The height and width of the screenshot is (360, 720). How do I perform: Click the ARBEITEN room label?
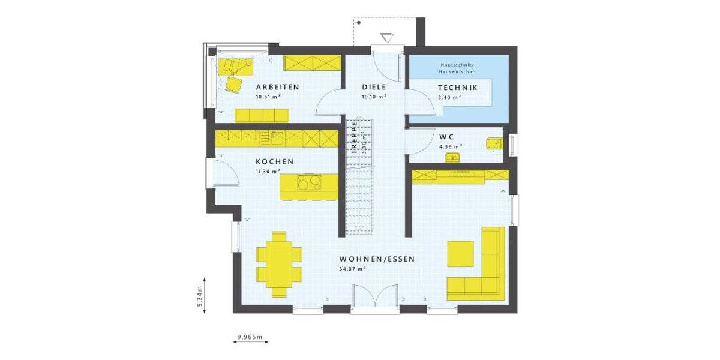(277, 87)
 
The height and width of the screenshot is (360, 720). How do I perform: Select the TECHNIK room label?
(457, 88)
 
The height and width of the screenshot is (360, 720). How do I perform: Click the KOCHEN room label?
(274, 161)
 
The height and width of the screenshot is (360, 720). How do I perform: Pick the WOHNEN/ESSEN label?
(377, 259)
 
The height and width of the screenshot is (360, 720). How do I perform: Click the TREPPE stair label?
(355, 139)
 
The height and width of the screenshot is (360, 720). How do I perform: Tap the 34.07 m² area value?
(352, 269)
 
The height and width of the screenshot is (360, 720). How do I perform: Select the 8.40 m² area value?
(448, 97)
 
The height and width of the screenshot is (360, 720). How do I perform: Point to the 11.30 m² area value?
(268, 171)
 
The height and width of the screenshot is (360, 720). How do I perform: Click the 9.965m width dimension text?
(250, 337)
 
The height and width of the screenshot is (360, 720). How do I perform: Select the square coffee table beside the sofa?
(461, 253)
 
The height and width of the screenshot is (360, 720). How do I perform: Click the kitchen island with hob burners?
(310, 186)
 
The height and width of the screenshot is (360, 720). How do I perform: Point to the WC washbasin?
(452, 157)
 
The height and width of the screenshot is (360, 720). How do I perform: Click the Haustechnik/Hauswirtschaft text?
(457, 67)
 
